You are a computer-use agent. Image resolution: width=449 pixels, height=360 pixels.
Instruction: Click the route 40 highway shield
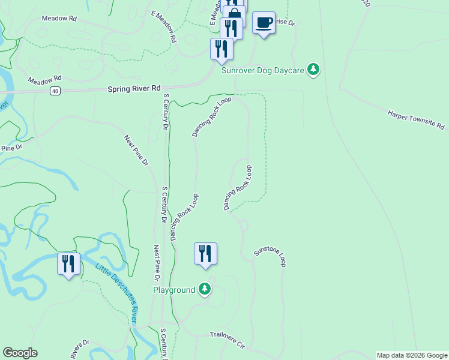coord(55,91)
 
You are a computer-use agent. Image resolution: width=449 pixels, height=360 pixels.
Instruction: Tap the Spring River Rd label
coord(135,89)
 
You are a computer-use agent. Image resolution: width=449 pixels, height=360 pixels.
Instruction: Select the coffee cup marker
coord(264,23)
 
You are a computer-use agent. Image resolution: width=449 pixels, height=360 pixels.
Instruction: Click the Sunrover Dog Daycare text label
coord(263,70)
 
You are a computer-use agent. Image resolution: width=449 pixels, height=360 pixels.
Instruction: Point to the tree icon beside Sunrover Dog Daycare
coord(313,70)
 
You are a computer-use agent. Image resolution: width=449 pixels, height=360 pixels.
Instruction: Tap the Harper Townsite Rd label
coord(416,119)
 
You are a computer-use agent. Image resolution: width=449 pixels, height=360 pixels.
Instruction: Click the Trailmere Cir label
coord(228,340)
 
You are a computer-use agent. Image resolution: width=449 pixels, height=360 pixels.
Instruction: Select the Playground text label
coord(174,290)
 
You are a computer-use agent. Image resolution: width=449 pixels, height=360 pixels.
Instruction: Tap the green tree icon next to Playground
coord(205,290)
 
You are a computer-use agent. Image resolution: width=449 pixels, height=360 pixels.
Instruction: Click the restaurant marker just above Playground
coord(205,253)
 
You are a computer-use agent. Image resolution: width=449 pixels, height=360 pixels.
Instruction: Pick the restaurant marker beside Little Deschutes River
coord(68,263)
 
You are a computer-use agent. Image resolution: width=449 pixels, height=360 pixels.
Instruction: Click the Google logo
coord(20,353)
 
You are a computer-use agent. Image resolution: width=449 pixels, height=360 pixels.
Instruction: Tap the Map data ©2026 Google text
coord(412,355)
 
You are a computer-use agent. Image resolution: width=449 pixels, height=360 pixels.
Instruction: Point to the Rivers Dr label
coord(80,349)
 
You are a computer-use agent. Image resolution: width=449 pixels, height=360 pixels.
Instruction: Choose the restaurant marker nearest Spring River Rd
coord(221,49)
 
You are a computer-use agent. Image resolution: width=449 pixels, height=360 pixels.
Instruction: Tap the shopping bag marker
coord(235,14)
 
